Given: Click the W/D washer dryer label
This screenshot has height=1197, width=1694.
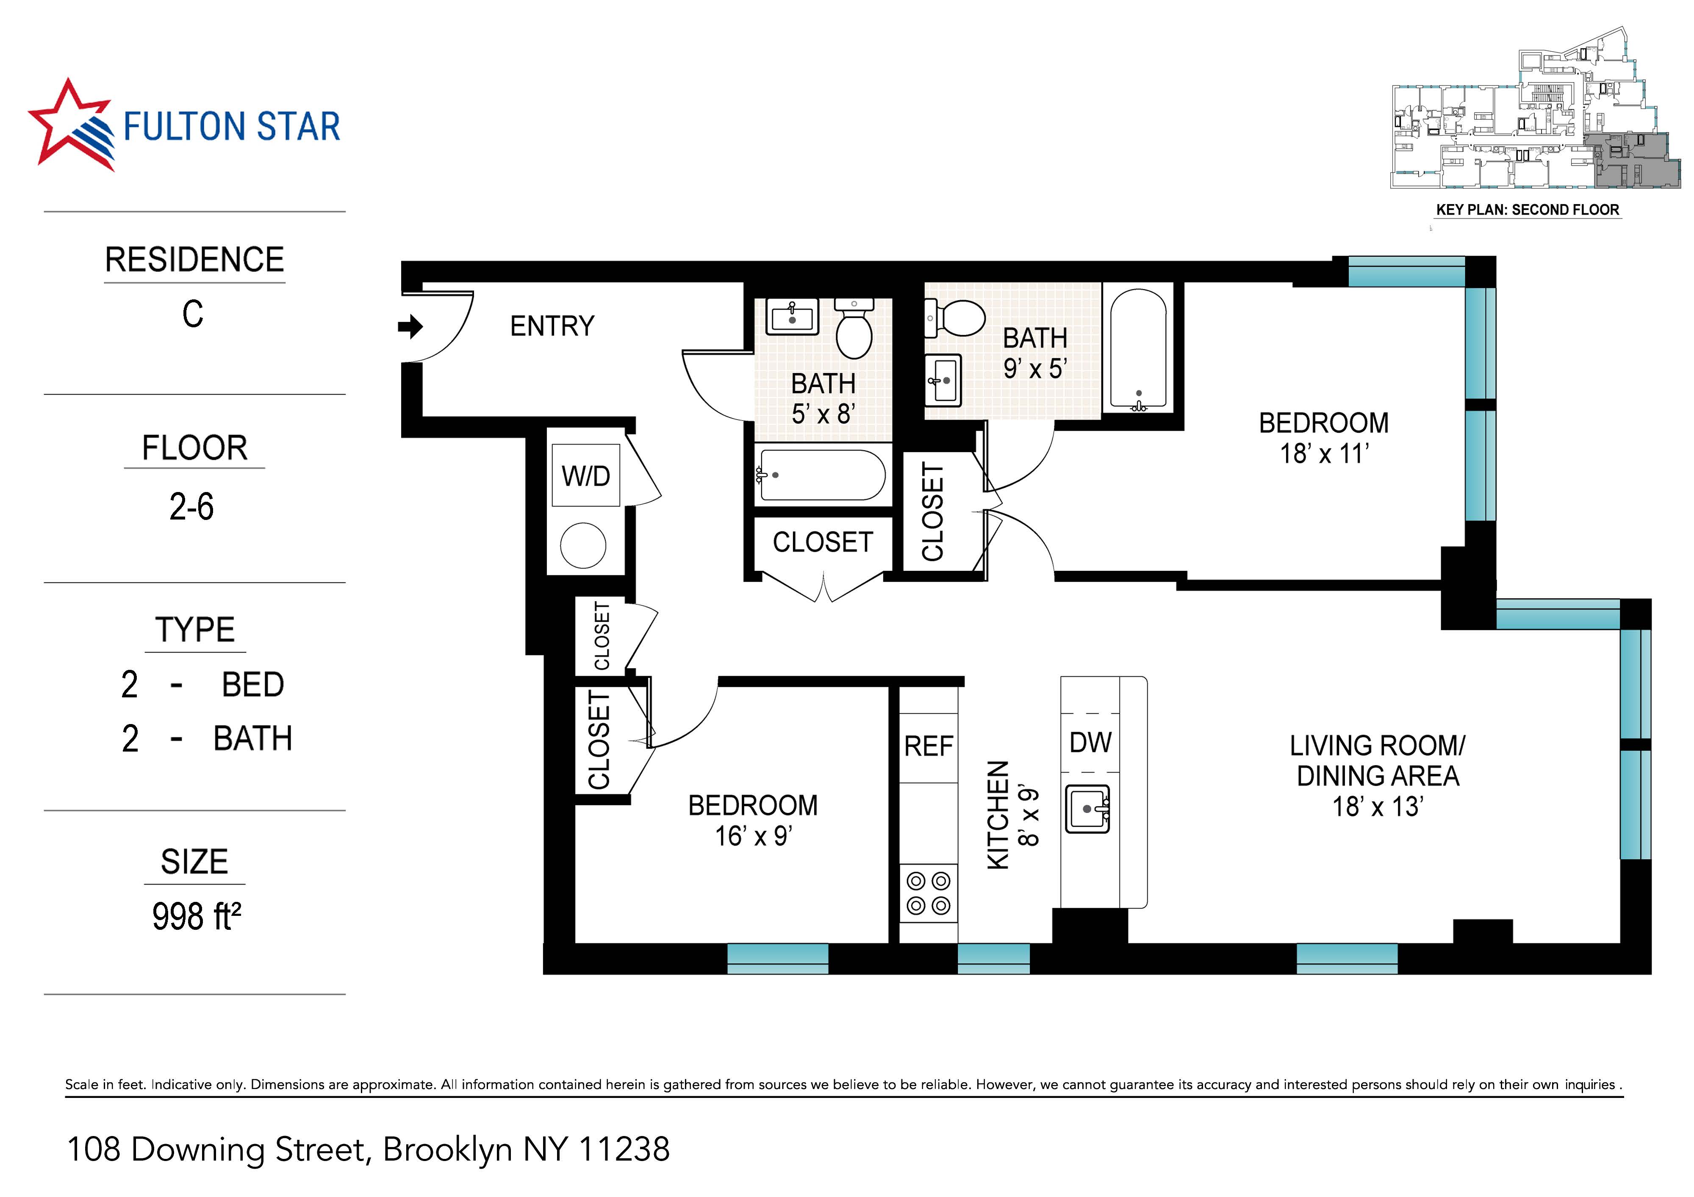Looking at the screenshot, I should [586, 476].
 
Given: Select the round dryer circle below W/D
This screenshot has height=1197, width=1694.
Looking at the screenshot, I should [583, 545].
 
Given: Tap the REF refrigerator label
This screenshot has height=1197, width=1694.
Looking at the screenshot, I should [928, 746].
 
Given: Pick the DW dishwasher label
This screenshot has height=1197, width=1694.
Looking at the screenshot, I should [1090, 742].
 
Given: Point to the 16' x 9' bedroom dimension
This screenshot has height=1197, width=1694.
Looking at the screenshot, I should [753, 836].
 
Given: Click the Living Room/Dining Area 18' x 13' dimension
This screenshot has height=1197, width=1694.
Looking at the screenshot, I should [1377, 807].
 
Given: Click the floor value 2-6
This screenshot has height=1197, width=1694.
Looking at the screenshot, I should [192, 507].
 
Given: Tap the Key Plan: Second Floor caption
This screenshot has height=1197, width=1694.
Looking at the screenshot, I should [1527, 210].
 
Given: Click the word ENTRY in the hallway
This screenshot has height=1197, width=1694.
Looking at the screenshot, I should [552, 326].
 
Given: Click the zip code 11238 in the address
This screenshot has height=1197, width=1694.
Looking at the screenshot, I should [624, 1149].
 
